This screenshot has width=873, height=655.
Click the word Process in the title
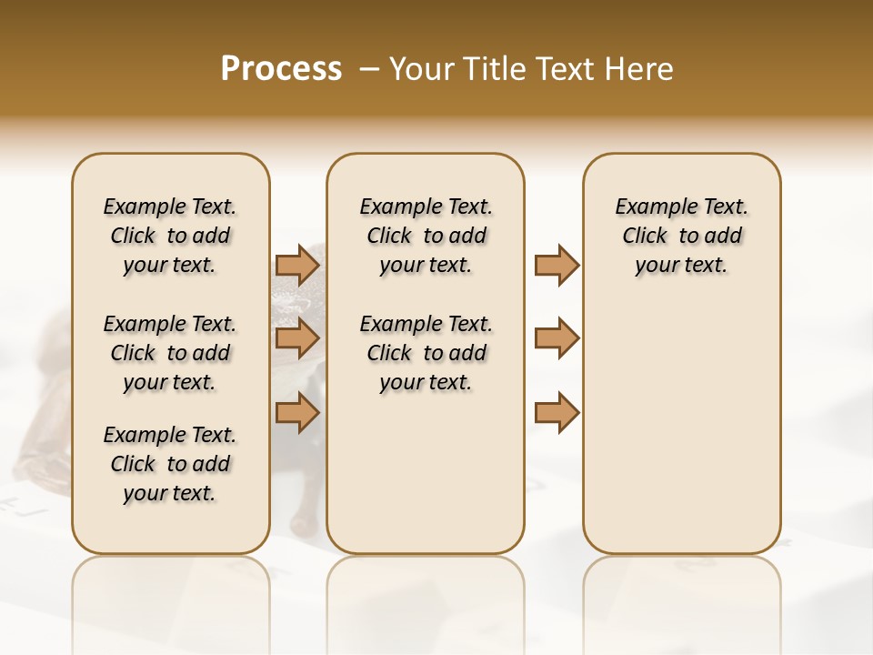[x=281, y=69]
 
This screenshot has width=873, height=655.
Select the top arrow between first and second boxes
[x=297, y=266]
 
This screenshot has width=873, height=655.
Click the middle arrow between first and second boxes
[x=297, y=338]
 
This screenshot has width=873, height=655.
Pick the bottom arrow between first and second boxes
[x=297, y=413]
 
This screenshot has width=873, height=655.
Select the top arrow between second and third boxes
[x=557, y=266]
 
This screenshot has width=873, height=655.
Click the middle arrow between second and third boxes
[x=557, y=338]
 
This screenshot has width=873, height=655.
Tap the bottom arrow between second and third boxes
[x=557, y=413]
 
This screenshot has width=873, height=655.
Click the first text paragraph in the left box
[x=170, y=236]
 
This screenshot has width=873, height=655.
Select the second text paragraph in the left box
[x=170, y=353]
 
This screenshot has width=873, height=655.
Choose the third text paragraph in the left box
[x=170, y=464]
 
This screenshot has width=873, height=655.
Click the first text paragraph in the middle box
[x=426, y=236]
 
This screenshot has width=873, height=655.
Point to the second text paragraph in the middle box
[x=426, y=353]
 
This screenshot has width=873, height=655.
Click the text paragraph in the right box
[x=682, y=236]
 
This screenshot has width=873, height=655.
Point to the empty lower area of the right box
[x=682, y=428]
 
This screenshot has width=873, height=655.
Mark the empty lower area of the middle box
[x=426, y=473]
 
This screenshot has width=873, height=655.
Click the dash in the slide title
[x=370, y=69]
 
